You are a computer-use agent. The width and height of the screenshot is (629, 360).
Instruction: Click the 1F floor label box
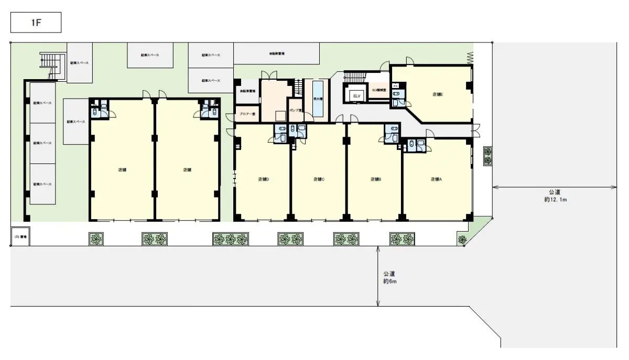(36, 23)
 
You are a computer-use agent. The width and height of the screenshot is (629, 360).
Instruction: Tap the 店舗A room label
(437, 179)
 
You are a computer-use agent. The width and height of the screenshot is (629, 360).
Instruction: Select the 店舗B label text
(376, 179)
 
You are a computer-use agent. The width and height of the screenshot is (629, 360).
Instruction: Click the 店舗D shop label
(264, 179)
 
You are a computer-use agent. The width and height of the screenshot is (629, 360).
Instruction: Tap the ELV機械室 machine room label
(379, 91)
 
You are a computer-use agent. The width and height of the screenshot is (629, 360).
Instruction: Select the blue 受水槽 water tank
(318, 98)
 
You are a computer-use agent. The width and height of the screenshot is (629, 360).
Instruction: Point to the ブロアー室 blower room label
(247, 114)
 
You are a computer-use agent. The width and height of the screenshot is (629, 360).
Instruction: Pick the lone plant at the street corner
(462, 239)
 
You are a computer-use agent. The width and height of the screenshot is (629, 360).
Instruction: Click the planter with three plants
(230, 239)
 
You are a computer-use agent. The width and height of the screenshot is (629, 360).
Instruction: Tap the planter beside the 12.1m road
(488, 156)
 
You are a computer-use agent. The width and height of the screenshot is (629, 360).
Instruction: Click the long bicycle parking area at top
(276, 53)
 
